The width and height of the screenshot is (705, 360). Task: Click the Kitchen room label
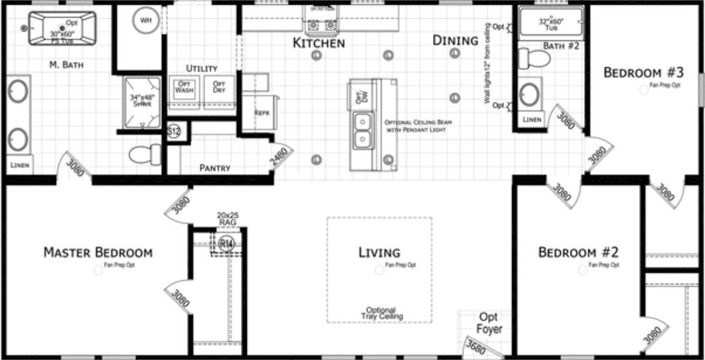click(x=318, y=43)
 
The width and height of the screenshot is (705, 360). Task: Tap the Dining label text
click(x=455, y=40)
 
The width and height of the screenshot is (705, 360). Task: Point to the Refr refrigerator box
click(x=262, y=112)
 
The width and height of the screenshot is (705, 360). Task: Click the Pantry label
click(x=215, y=168)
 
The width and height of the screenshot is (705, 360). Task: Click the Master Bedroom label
click(x=98, y=253)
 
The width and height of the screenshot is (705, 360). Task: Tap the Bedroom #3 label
click(x=643, y=73)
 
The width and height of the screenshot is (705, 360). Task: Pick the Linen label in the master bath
click(x=19, y=165)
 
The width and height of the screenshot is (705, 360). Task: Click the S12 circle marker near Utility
click(x=174, y=131)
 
